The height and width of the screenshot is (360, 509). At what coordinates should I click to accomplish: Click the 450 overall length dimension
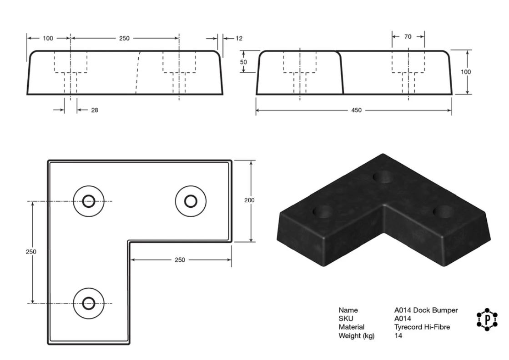[x=356, y=110]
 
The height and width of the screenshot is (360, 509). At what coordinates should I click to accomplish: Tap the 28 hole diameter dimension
[x=95, y=110]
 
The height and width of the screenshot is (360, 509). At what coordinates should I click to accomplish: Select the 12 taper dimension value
[x=239, y=38]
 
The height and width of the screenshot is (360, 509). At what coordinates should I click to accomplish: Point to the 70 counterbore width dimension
[x=408, y=37]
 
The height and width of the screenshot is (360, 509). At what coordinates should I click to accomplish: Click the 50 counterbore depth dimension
[x=243, y=62]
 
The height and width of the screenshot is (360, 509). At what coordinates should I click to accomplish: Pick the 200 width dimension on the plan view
[x=249, y=200]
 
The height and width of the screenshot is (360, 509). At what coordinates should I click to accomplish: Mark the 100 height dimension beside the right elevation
[x=466, y=72]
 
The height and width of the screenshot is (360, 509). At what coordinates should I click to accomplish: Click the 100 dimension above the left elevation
[x=48, y=38]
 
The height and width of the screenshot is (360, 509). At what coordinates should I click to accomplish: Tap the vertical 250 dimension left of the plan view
[x=31, y=252]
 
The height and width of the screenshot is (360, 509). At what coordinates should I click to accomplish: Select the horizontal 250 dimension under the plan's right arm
[x=180, y=260]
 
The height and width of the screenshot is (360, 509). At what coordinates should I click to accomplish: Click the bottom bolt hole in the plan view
[x=89, y=304]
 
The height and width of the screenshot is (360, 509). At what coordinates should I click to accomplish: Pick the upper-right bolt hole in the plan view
[x=191, y=201]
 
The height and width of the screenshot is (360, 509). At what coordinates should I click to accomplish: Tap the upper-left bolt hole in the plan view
[x=89, y=201]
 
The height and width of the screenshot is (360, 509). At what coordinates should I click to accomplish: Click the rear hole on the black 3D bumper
[x=383, y=177]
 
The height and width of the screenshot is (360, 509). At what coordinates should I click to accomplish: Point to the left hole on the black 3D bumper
[x=323, y=212]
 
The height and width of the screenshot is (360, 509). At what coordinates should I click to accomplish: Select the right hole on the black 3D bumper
[x=443, y=212]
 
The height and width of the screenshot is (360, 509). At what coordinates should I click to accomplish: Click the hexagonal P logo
[x=487, y=320]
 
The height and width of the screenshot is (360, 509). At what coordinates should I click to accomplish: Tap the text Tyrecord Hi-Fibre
[x=422, y=327]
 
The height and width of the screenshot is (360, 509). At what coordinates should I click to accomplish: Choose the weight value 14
[x=398, y=335]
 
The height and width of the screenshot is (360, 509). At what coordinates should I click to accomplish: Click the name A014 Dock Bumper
[x=426, y=310]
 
